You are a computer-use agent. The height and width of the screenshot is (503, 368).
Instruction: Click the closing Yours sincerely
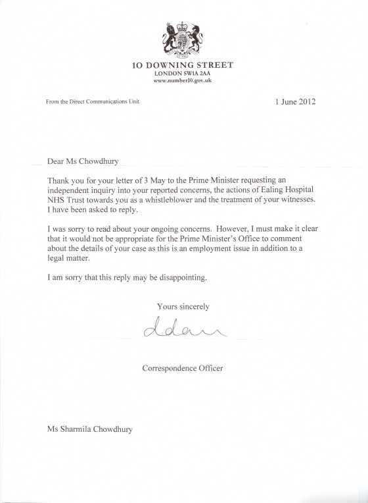(x=183, y=306)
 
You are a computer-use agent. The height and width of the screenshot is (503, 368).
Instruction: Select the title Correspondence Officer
(x=183, y=368)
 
